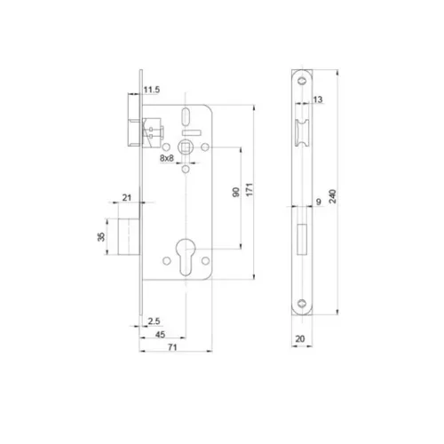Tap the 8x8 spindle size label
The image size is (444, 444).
tap(167, 158)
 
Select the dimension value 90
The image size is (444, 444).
tap(234, 194)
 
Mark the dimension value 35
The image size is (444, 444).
tap(100, 236)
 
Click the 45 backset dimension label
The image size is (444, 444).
tap(160, 334)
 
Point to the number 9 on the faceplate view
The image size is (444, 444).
tap(317, 202)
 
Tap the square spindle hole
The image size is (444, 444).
tap(188, 143)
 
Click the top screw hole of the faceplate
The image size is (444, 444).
tap(304, 80)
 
